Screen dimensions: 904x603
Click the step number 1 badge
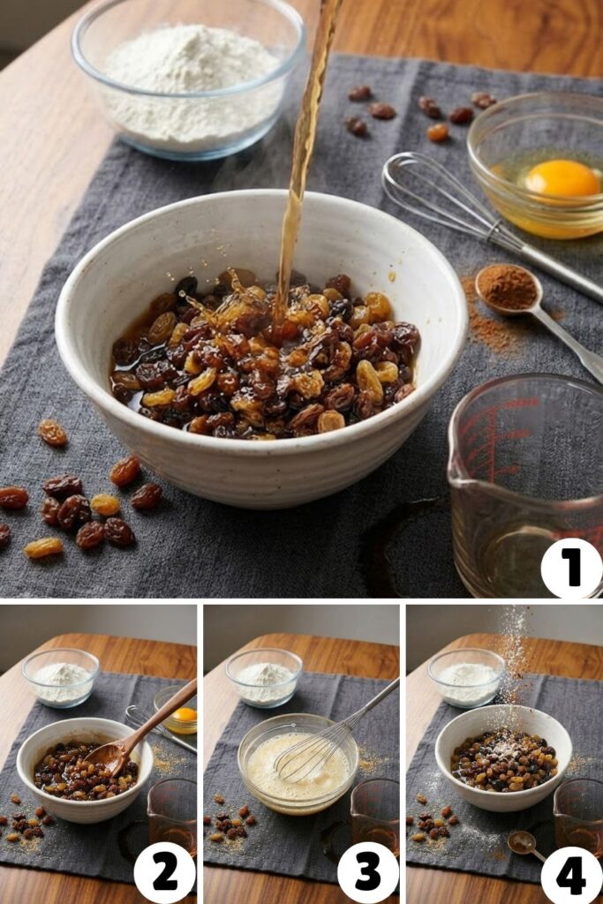[571, 568]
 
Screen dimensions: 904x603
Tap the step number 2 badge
[164, 872]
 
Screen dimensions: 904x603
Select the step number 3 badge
[367, 872]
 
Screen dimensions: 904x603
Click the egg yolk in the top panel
[562, 179]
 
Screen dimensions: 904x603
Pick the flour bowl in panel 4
[466, 677]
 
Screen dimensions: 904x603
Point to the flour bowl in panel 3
[263, 677]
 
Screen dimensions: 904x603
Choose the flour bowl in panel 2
[61, 678]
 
